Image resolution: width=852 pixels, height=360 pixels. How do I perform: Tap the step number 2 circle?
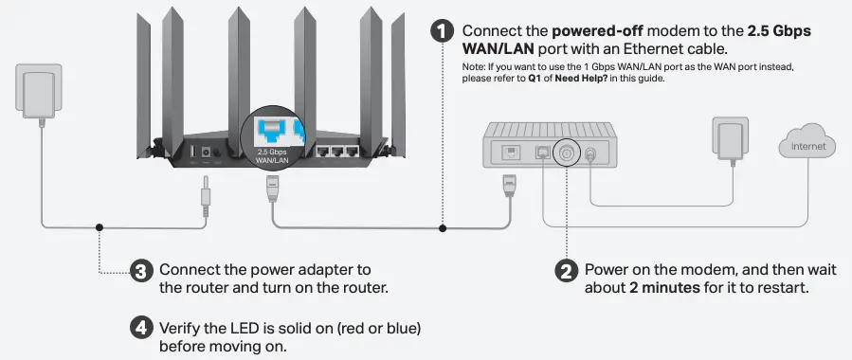point(566,270)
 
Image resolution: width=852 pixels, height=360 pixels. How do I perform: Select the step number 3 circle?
point(140,272)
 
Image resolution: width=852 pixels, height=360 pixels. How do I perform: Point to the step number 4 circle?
point(140,328)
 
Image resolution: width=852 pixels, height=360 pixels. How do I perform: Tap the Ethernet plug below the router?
point(272,189)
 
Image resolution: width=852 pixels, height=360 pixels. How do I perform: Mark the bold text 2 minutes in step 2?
point(666,288)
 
